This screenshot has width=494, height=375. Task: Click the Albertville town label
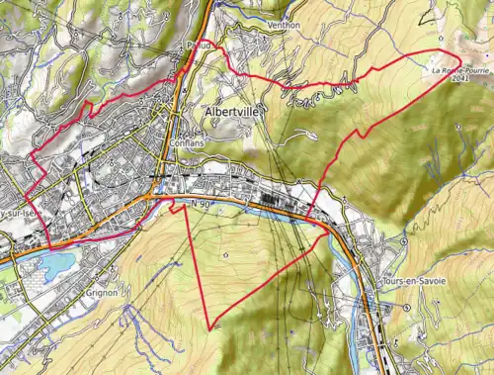(235, 113)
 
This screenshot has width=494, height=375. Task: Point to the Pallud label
(197, 46)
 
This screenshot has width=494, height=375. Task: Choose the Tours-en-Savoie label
(413, 282)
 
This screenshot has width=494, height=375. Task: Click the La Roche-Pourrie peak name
(460, 70)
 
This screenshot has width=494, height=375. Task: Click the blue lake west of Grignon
(54, 264)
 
